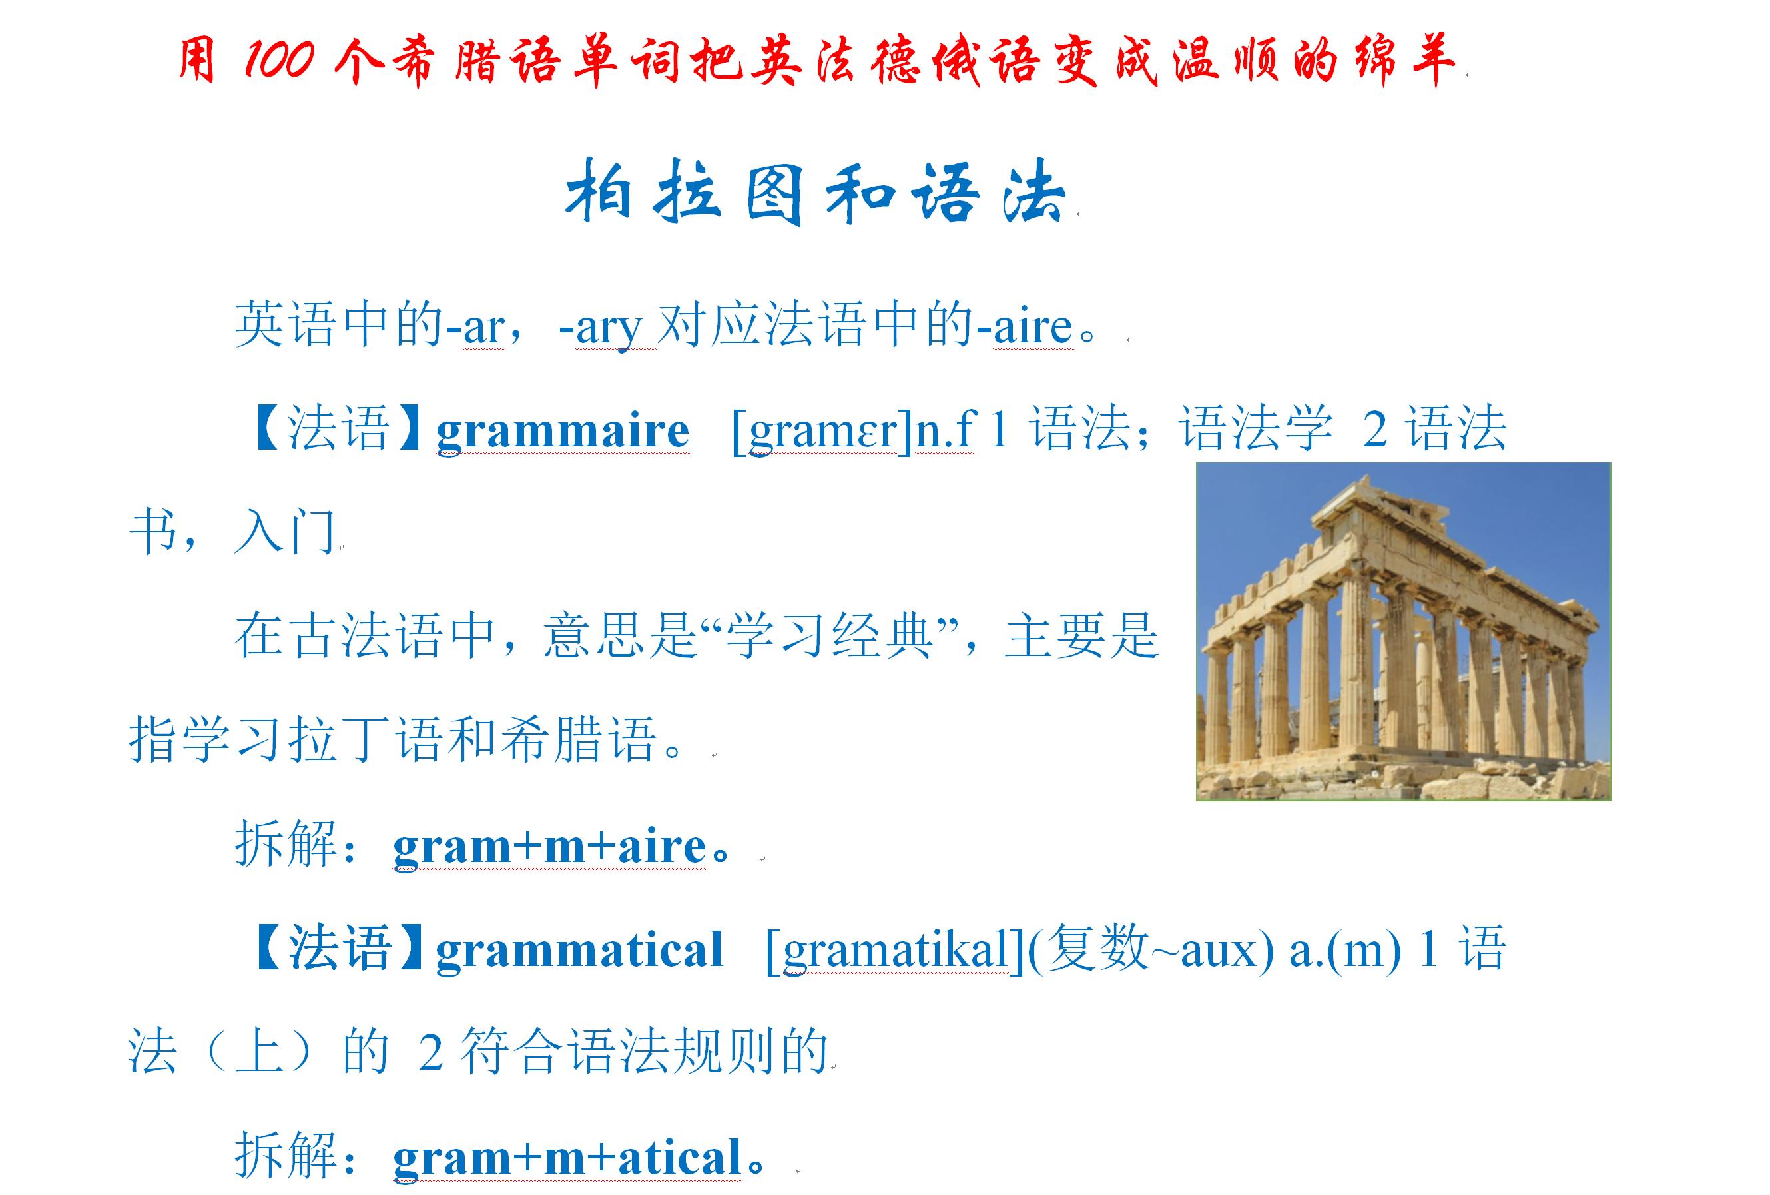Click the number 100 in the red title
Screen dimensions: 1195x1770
pyautogui.click(x=279, y=59)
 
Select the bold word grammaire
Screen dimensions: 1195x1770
pyautogui.click(x=562, y=430)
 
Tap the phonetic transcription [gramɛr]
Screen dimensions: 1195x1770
pyautogui.click(x=821, y=430)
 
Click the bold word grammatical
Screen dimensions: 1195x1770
pyautogui.click(x=579, y=950)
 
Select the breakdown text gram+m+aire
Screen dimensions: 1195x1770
pyautogui.click(x=550, y=846)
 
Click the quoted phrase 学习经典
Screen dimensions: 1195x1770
pyautogui.click(x=830, y=636)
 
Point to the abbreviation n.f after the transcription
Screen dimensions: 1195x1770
pyautogui.click(x=944, y=430)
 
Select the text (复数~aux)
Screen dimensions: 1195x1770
pyautogui.click(x=1150, y=950)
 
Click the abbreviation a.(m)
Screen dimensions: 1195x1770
pyautogui.click(x=1344, y=950)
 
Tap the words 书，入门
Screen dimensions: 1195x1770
pyautogui.click(x=233, y=532)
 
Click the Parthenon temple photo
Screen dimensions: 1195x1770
pyautogui.click(x=1403, y=631)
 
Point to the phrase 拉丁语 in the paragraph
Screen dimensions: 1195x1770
pyautogui.click(x=366, y=739)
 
